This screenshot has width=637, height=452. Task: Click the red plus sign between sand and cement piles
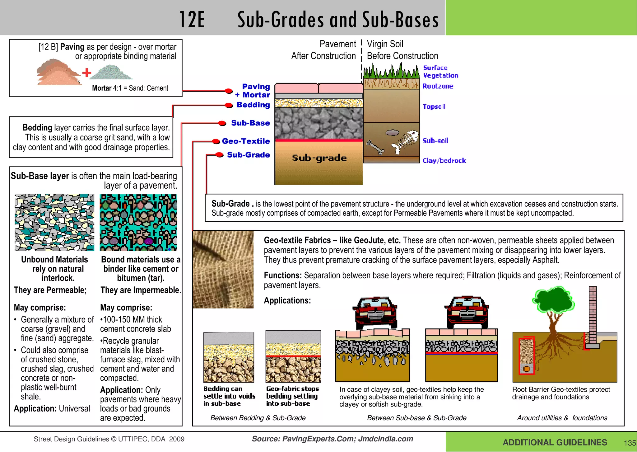[x=87, y=73]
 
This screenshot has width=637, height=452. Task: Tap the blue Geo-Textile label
[x=246, y=141]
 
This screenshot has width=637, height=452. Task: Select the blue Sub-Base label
[x=250, y=123]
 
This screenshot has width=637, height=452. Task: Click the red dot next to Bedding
[x=229, y=106]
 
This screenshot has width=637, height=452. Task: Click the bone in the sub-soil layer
[x=375, y=148]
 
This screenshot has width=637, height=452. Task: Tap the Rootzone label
[x=438, y=86]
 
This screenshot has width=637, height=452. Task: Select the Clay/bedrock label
[x=444, y=161]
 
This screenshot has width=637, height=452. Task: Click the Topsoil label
[x=434, y=106]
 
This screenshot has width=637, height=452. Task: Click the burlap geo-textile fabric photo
[x=223, y=269]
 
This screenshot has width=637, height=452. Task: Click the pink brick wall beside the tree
[x=593, y=314]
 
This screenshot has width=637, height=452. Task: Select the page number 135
[x=630, y=443]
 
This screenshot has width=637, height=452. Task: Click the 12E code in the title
[x=192, y=20]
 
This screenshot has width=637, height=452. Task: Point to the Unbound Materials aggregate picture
[x=54, y=223]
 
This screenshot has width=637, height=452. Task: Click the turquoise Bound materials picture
[x=138, y=223]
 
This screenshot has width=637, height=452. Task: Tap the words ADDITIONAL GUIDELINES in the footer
[x=555, y=443]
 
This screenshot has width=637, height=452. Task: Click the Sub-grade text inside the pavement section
[x=319, y=158]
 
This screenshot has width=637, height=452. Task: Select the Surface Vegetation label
[x=440, y=72]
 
